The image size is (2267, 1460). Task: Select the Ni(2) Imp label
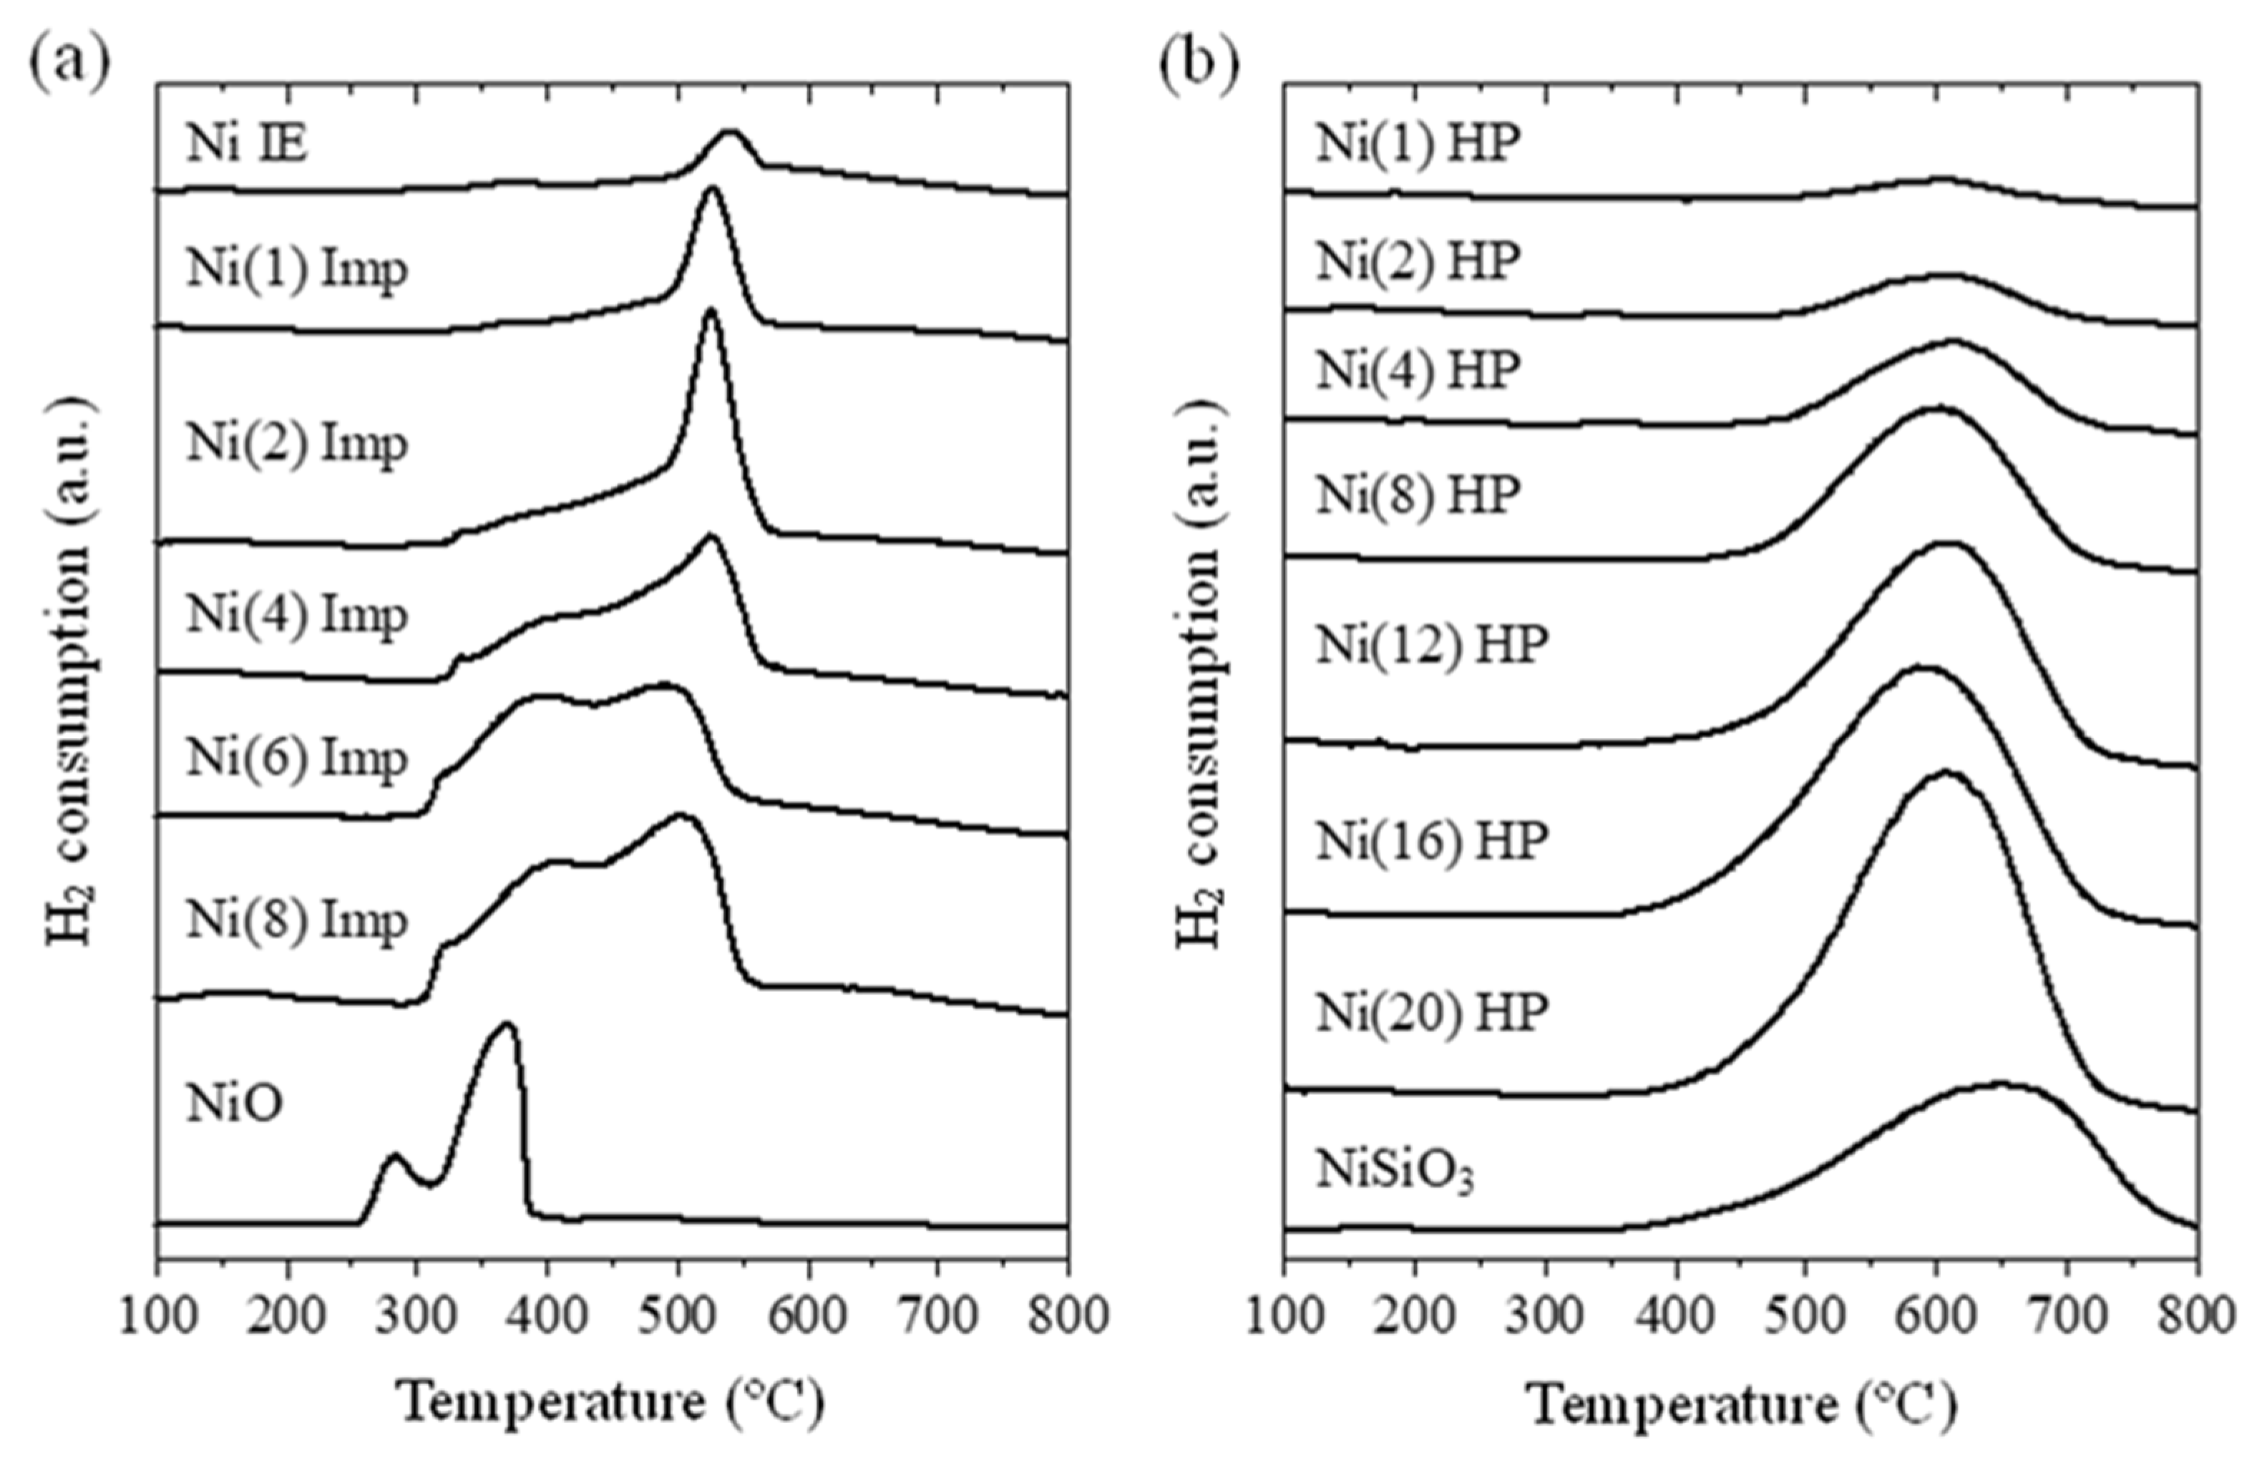coord(297,444)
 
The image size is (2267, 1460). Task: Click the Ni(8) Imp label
coord(297,920)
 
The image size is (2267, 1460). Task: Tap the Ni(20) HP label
coord(1431,1013)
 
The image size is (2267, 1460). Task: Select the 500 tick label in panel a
coord(677,1318)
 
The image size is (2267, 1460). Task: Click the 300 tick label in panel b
coord(1545,1318)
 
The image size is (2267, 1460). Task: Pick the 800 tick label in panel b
coord(2197,1318)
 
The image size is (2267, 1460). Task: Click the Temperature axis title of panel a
coord(611,1403)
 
